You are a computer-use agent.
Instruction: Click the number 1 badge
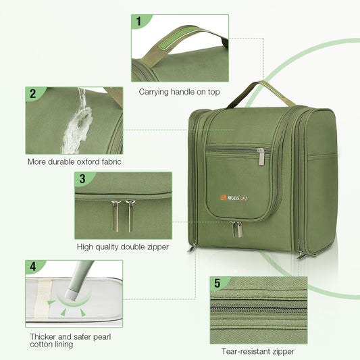(139, 22)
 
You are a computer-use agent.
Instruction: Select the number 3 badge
(82, 179)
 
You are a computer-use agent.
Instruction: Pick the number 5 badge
(217, 282)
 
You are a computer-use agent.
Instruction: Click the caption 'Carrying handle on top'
(179, 91)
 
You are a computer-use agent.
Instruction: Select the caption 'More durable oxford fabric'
(75, 162)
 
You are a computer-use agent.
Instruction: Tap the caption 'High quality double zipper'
(122, 247)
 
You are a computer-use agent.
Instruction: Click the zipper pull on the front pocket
(261, 157)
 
